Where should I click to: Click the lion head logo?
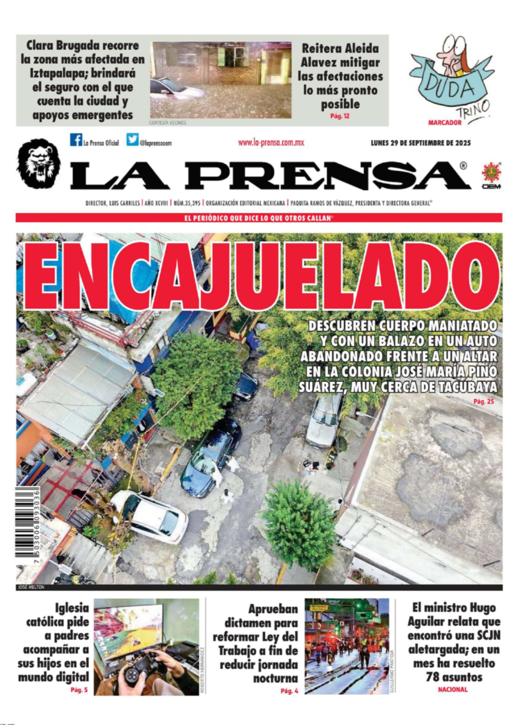pyautogui.click(x=38, y=164)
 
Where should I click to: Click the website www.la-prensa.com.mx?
pyautogui.click(x=271, y=143)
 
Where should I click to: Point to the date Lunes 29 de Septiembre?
pyautogui.click(x=420, y=143)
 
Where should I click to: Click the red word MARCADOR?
pyautogui.click(x=444, y=123)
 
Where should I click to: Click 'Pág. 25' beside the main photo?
pyautogui.click(x=484, y=401)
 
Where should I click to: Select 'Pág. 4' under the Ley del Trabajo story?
pyautogui.click(x=289, y=691)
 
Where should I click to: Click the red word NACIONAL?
pyautogui.click(x=453, y=689)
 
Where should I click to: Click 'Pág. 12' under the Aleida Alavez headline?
pyautogui.click(x=340, y=116)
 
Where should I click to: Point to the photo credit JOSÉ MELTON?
pyautogui.click(x=31, y=587)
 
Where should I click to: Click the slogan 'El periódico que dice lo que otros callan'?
pyautogui.click(x=259, y=218)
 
